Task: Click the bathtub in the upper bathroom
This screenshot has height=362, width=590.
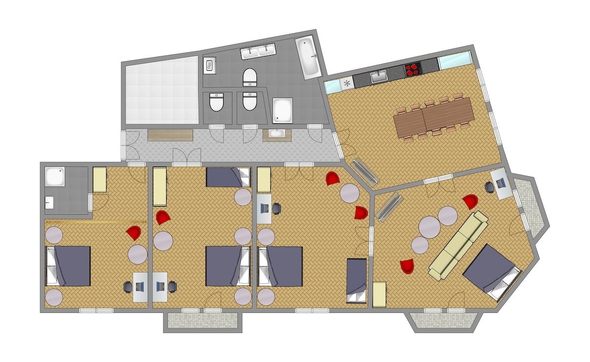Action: tap(308, 57)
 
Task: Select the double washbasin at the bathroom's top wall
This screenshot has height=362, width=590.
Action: tap(258, 51)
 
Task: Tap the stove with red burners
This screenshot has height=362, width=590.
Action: tap(413, 70)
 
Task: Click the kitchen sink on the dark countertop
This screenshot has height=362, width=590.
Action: tap(379, 77)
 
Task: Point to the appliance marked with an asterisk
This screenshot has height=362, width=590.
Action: tap(347, 83)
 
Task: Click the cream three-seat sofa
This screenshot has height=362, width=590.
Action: tap(458, 246)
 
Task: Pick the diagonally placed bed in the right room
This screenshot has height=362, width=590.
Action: tap(491, 272)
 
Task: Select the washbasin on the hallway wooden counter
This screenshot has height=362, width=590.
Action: tap(277, 134)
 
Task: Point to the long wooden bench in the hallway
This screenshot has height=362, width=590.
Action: tap(170, 135)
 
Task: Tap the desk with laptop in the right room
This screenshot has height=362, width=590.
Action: tap(501, 183)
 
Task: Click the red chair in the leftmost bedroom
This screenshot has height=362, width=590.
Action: tap(134, 233)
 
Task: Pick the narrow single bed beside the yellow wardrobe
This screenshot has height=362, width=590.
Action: tap(356, 280)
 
